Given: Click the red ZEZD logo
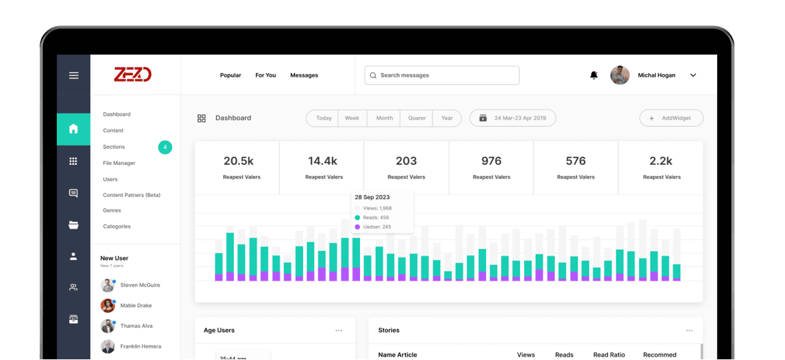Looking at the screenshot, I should [133, 75].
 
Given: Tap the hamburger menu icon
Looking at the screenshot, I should [74, 75].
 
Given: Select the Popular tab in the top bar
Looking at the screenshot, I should [230, 75].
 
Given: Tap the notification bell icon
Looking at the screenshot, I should [594, 75].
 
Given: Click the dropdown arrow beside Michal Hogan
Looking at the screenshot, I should [693, 75].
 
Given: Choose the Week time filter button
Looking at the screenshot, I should [352, 118].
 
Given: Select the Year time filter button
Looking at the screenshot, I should [447, 118].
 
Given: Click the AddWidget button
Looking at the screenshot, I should [671, 118].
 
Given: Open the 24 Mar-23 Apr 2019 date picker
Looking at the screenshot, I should [513, 118].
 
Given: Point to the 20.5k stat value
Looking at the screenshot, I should [238, 162].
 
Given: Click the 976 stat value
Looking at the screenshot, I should [491, 162].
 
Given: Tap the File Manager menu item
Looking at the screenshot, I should [119, 163].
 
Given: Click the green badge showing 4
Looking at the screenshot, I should [165, 147].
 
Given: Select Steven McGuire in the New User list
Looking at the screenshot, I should [140, 285].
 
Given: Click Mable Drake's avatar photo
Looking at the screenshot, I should [107, 305].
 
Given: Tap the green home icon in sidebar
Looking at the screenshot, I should [74, 129].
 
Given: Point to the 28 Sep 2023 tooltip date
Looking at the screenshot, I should [372, 197].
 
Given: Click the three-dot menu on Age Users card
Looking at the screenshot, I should [339, 331].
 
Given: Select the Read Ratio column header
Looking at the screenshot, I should [609, 355].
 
